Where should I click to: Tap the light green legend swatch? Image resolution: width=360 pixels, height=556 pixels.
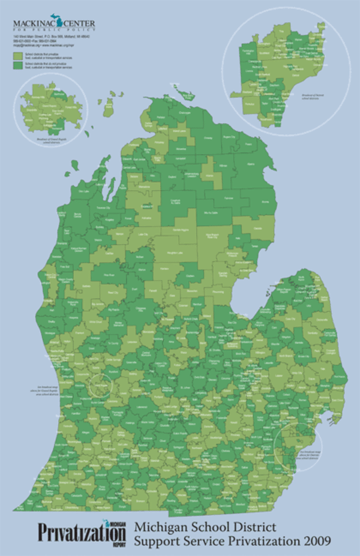pyautogui.click(x=17, y=54)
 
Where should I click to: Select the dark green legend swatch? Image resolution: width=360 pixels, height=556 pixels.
pyautogui.click(x=17, y=62)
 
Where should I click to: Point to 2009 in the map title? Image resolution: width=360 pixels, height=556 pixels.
pyautogui.click(x=314, y=541)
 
